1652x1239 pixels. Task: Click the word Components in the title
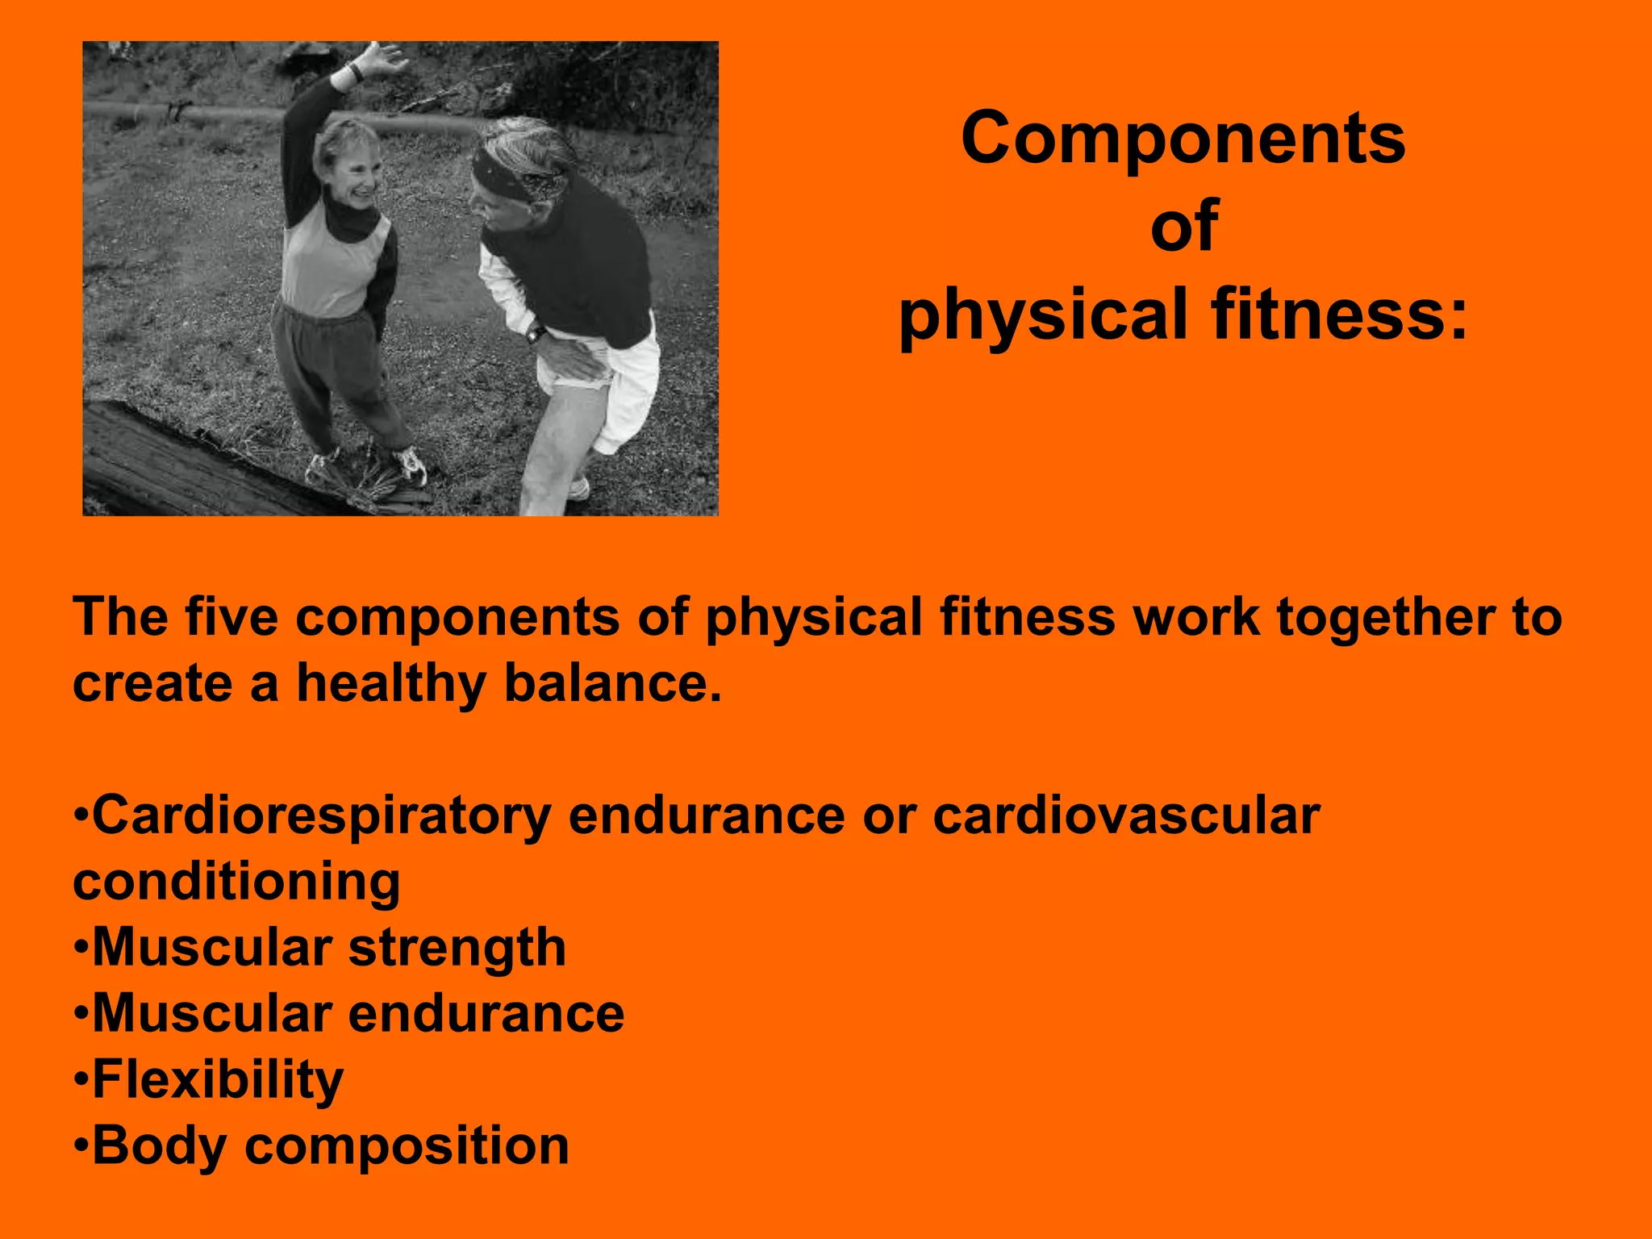[x=1183, y=139]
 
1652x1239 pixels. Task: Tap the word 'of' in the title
[x=1183, y=227]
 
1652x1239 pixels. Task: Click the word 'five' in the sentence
[x=232, y=617]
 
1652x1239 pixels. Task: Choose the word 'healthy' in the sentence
[x=391, y=683]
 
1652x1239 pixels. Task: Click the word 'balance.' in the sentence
[x=612, y=683]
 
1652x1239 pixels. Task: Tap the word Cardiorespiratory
[x=322, y=816]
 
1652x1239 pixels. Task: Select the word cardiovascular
[x=1126, y=816]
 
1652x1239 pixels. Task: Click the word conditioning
[x=236, y=882]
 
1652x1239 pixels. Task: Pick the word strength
[x=457, y=947]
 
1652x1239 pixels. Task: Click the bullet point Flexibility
[x=218, y=1079]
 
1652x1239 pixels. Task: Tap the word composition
[x=407, y=1145]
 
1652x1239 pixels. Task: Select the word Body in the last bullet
[x=159, y=1145]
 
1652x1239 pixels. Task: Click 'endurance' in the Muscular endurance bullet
[x=486, y=1013]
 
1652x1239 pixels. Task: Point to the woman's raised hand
[x=379, y=61]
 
